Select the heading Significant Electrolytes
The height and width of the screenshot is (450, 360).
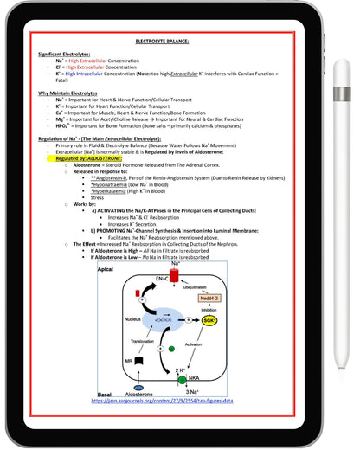click(x=67, y=54)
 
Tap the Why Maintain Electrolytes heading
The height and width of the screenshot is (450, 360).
click(x=71, y=91)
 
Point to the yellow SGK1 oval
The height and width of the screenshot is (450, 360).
click(x=209, y=319)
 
